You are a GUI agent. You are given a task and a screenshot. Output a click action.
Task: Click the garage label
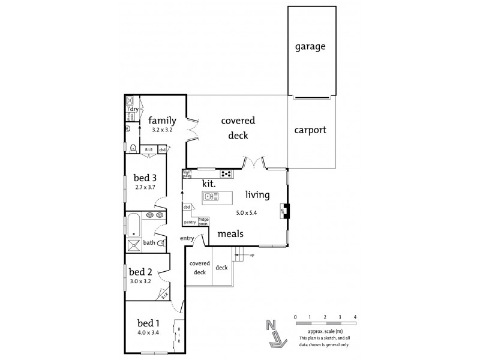(310, 46)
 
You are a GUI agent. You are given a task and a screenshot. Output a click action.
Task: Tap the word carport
(310, 130)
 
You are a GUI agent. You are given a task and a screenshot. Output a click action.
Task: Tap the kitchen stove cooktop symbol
(226, 174)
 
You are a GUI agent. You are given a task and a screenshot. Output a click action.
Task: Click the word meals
(230, 233)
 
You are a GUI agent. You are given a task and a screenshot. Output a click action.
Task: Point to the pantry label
(190, 221)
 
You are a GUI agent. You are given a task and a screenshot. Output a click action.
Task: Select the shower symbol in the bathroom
(133, 244)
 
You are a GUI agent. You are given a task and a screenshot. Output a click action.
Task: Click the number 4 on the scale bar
(355, 316)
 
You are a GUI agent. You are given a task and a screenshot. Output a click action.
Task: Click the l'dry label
(133, 109)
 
